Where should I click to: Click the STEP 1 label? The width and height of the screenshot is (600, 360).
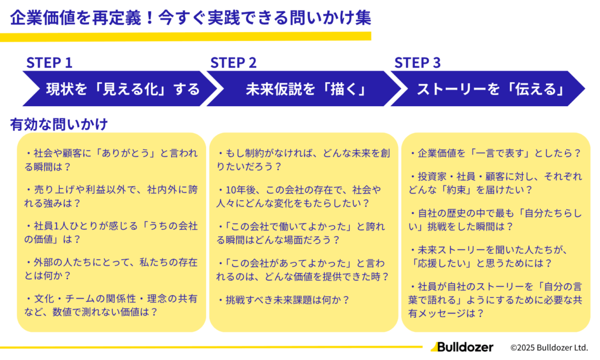pos(49,63)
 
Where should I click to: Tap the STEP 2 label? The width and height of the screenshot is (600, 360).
pos(233,63)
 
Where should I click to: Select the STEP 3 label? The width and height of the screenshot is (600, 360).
pos(417,63)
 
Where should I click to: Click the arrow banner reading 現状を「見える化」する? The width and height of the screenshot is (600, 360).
pos(117,89)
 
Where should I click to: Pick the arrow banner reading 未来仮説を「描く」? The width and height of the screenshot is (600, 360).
pos(305,89)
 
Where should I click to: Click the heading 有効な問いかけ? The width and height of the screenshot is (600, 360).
pos(59,124)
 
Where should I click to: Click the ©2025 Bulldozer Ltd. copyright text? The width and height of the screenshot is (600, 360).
pos(549,348)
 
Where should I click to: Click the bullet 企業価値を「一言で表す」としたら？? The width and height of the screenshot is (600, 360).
pos(495,154)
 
